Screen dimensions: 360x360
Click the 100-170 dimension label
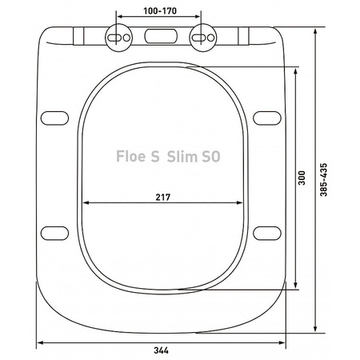pos(160,11)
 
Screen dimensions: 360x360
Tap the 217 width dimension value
pos(163,197)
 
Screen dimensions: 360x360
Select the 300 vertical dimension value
pos(302,178)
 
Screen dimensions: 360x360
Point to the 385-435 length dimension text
pos(323,180)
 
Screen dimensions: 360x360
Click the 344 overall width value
pos(161,350)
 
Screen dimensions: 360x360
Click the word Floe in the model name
pos(130,156)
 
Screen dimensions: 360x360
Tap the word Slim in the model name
pos(182,156)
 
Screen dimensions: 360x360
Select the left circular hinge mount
pos(118,38)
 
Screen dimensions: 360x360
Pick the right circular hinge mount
pos(203,38)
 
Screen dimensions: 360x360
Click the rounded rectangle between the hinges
pos(161,36)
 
